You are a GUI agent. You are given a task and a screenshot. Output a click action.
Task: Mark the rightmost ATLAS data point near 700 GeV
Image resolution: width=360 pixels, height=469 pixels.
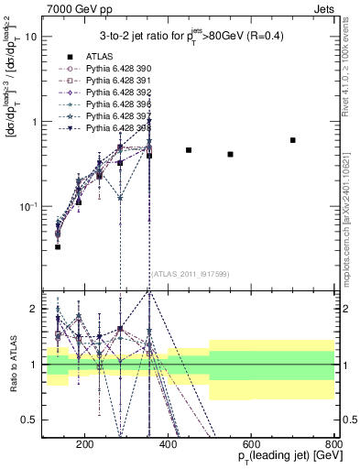click(x=292, y=140)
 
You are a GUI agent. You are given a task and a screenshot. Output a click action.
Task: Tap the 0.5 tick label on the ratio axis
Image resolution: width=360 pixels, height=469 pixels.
click(x=30, y=420)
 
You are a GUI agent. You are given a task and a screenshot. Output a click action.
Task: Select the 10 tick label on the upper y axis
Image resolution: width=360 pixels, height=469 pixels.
click(x=30, y=37)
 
